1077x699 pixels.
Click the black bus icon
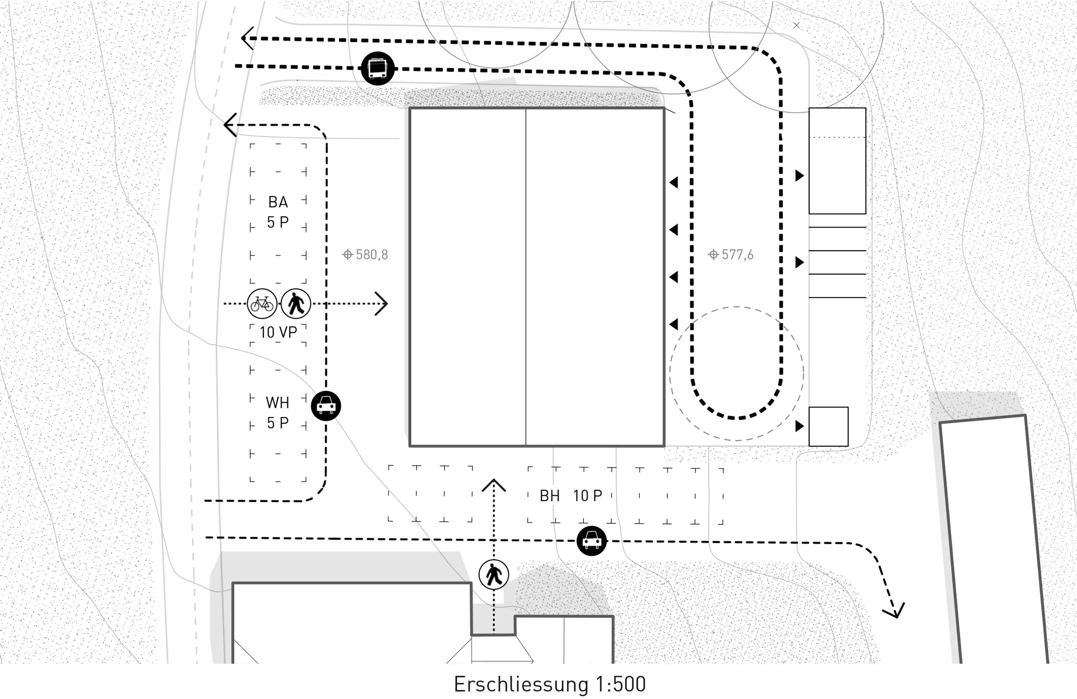click(x=377, y=69)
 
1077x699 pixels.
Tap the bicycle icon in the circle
click(x=262, y=303)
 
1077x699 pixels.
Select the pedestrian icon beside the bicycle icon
click(x=296, y=303)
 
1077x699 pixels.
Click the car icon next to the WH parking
click(x=326, y=406)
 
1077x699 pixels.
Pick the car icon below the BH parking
click(x=591, y=540)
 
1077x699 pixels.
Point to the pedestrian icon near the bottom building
click(x=494, y=575)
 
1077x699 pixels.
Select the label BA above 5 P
click(x=278, y=202)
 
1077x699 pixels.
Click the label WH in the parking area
click(x=277, y=403)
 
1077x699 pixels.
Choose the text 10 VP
click(x=278, y=332)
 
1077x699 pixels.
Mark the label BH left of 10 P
click(x=550, y=496)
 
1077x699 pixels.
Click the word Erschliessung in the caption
click(x=520, y=684)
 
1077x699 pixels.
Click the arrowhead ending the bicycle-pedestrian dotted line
click(x=383, y=303)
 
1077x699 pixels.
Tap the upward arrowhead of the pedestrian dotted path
click(x=494, y=484)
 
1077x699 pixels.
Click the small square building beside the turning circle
click(x=828, y=427)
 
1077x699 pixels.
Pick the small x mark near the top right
click(x=797, y=25)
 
